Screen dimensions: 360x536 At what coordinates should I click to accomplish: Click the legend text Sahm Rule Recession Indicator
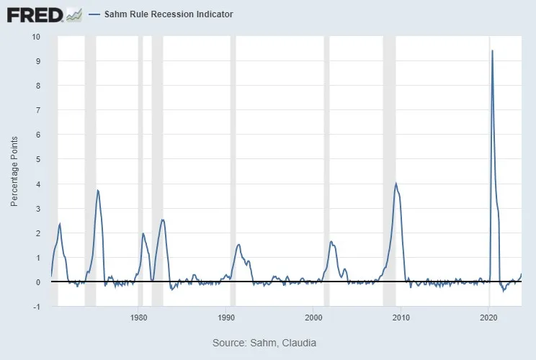point(168,14)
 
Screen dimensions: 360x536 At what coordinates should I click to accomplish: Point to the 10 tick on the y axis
point(37,37)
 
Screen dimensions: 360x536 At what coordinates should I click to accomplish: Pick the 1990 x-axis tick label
point(226,318)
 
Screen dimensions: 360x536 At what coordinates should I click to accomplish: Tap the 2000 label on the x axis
point(313,318)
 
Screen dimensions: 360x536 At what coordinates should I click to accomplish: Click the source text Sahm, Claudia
point(264,343)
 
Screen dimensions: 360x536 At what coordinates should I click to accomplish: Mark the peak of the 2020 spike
point(492,50)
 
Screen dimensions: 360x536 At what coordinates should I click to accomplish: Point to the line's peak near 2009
point(396,184)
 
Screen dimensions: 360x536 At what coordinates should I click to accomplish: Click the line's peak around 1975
point(98,190)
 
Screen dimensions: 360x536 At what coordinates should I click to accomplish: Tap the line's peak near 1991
point(238,245)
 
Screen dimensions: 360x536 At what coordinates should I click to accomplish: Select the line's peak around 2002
point(331,241)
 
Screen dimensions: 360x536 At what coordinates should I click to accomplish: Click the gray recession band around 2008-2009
point(389,173)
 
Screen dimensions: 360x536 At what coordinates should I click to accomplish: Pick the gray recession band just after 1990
point(233,173)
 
